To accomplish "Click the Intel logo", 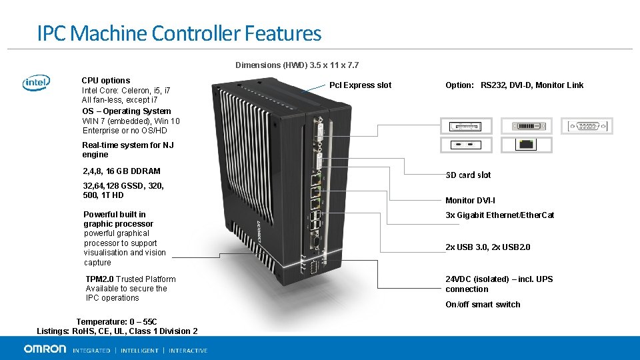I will point(36,83).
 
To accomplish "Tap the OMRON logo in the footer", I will point(45,349).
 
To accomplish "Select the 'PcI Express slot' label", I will point(360,85).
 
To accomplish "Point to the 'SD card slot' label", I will point(468,175).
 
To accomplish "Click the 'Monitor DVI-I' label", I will point(470,201).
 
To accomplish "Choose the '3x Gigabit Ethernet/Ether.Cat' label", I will point(499,215).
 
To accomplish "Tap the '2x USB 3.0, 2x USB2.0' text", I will point(488,247).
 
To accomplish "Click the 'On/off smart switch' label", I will point(483,305).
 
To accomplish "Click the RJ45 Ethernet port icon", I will point(527,144).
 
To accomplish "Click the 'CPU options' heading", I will point(106,81).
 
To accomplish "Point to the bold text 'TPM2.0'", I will point(99,279).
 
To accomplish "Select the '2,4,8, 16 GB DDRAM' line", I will point(121,171).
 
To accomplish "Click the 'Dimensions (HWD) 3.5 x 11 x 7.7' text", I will point(297,65).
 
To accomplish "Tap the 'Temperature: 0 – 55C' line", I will point(117,322).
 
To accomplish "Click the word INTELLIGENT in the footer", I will point(139,351).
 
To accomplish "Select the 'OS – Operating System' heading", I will point(126,111).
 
